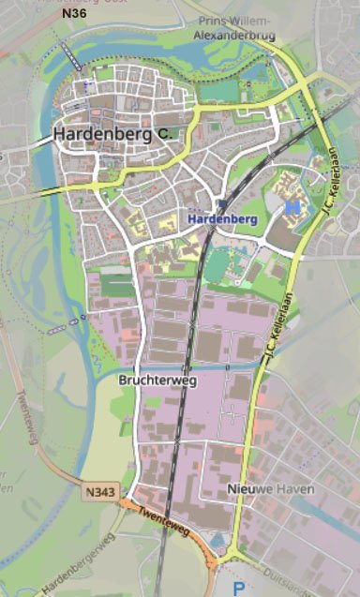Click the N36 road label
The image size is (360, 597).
[x=71, y=13]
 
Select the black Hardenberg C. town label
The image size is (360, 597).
[x=112, y=134]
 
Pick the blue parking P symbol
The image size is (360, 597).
[x=239, y=589]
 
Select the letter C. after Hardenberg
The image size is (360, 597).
[x=164, y=135]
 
